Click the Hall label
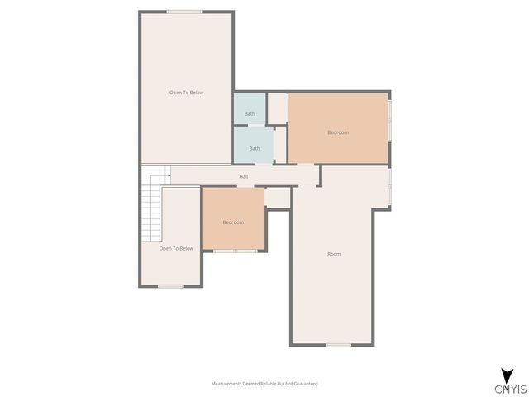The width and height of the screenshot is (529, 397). (244, 176)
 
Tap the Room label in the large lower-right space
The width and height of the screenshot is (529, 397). (334, 254)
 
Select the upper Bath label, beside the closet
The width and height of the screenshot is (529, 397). (250, 113)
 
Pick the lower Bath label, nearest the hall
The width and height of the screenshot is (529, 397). (255, 148)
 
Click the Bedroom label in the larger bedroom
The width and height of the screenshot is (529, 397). (338, 132)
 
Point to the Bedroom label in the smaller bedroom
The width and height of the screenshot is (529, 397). (233, 222)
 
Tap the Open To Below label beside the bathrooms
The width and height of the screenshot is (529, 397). (186, 93)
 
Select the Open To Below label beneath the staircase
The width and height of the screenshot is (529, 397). (176, 248)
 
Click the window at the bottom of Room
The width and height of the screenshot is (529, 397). (337, 345)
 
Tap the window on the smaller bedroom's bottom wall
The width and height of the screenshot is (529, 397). (235, 251)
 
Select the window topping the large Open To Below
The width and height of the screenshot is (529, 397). (183, 12)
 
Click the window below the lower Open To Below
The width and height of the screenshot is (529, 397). (170, 286)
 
